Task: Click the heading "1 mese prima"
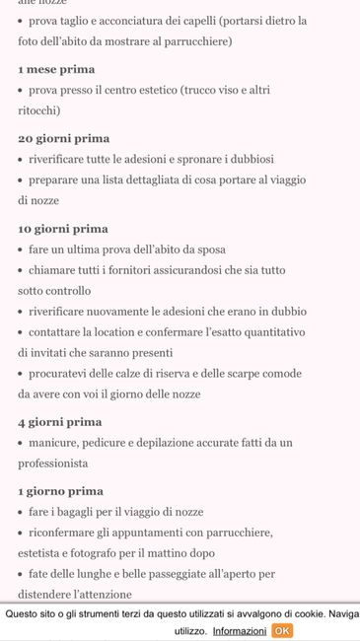point(56,69)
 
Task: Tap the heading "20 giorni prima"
point(63,138)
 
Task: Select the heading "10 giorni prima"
point(63,229)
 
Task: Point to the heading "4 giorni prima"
point(59,422)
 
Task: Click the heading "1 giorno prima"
point(60,491)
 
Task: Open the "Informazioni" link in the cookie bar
point(239,631)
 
